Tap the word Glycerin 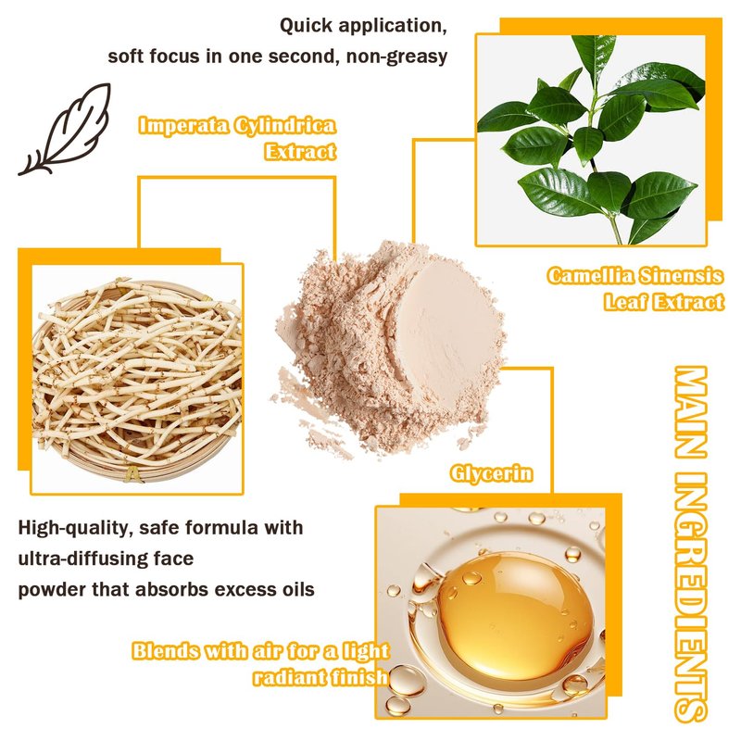coord(492,473)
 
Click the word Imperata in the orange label coord(183,126)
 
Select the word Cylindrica coord(285,126)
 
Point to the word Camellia coord(589,275)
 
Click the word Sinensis coord(680,275)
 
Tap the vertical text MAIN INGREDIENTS coord(690,544)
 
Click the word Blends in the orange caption coord(166,651)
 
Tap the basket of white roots coord(137,378)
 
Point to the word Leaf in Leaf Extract coord(624,303)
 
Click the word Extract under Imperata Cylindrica coord(300,152)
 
